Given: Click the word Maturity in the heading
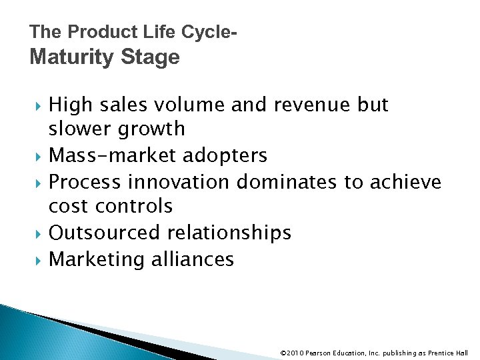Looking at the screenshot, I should [71, 58].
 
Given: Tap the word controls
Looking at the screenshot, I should [137, 206].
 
